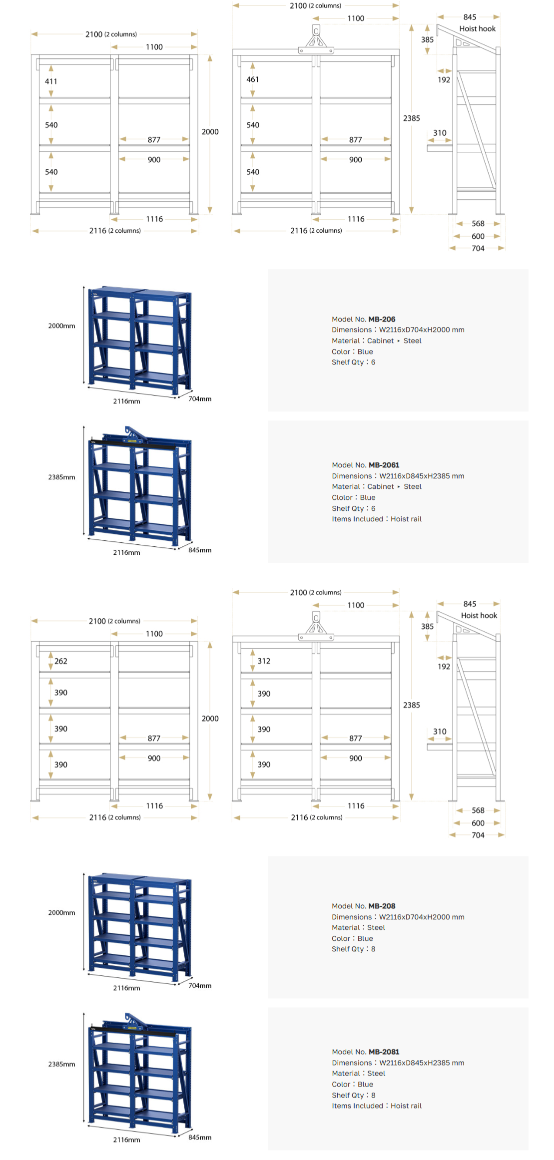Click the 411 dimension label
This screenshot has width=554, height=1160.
tap(51, 81)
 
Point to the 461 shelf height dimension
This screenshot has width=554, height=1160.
tap(253, 79)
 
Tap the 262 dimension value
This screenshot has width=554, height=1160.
tap(61, 661)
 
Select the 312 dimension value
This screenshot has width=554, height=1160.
tap(264, 661)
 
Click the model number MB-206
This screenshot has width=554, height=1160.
tap(382, 319)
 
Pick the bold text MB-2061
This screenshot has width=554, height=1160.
tap(384, 465)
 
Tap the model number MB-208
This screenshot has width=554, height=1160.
tap(382, 906)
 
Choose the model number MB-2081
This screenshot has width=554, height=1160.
tap(384, 1052)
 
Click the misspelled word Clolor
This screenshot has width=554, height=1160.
tap(342, 497)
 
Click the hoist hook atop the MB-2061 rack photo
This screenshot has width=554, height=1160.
tap(131, 432)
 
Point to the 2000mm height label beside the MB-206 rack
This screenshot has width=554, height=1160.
tap(61, 326)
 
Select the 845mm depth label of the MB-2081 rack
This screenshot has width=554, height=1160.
tap(200, 1137)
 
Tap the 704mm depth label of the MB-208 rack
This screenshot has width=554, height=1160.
tap(200, 985)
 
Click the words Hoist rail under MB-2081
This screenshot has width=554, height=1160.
tap(406, 1106)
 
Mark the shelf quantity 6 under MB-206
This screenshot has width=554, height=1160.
tap(373, 362)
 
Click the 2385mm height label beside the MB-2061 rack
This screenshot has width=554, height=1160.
tap(61, 477)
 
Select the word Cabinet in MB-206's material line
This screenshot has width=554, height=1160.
tap(381, 341)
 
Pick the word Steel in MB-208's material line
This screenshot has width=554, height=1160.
tap(376, 927)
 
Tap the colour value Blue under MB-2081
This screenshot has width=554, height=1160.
tap(365, 1084)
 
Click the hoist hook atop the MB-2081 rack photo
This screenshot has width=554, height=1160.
tap(131, 1019)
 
